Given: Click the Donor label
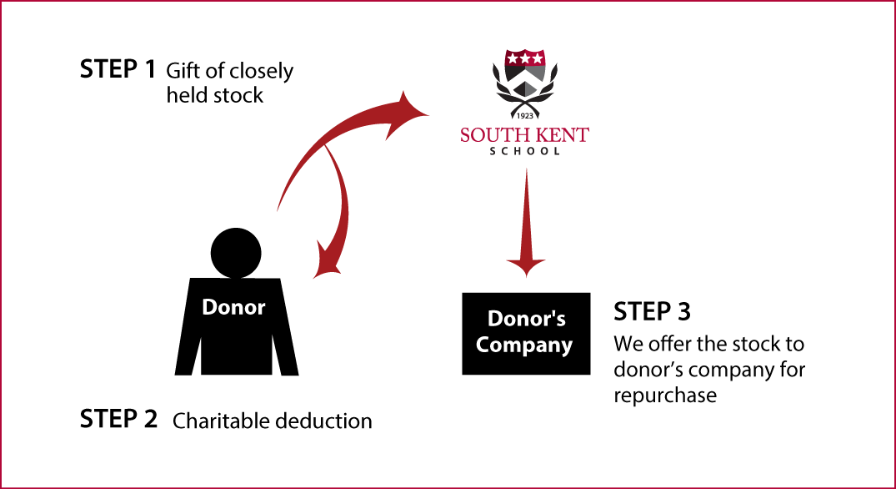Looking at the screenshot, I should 233,307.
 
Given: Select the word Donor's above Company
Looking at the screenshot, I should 526,319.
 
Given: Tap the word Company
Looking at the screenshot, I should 524,345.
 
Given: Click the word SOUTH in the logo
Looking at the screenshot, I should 492,135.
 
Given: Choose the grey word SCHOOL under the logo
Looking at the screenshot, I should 524,151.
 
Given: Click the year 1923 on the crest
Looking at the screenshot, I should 525,114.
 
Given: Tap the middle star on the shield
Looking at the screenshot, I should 525,59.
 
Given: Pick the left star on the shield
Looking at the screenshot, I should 513,59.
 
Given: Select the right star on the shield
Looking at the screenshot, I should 538,59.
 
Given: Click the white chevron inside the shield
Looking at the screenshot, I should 525,80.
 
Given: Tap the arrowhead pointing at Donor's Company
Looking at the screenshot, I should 525,268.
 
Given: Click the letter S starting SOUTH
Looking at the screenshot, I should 466,135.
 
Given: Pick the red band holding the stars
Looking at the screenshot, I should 525,59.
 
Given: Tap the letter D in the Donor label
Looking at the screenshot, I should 209,307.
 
